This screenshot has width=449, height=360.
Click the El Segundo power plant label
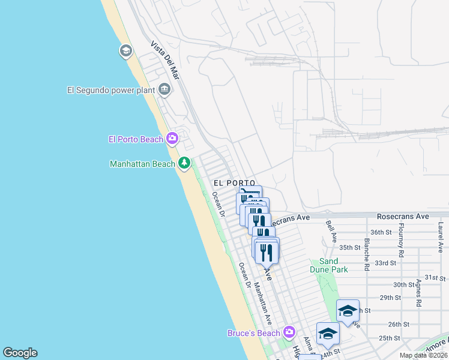point(111,91)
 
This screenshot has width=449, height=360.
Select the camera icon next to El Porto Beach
point(172,139)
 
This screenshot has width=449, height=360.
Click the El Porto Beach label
point(136,139)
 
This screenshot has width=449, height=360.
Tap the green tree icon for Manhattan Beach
point(184,163)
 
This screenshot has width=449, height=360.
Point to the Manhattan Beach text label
point(142,163)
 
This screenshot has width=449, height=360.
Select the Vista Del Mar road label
point(166,61)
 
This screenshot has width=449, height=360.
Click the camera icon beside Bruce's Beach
point(289,332)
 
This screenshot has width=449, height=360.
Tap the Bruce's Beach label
point(254,333)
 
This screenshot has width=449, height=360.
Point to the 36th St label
point(381,232)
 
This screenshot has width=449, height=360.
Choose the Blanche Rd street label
point(366,253)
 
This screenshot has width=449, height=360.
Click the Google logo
point(20,353)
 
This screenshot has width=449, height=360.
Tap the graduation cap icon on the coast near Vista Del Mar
point(126,50)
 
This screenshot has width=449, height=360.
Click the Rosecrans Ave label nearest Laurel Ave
point(403,216)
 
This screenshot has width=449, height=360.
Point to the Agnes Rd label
point(418,293)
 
